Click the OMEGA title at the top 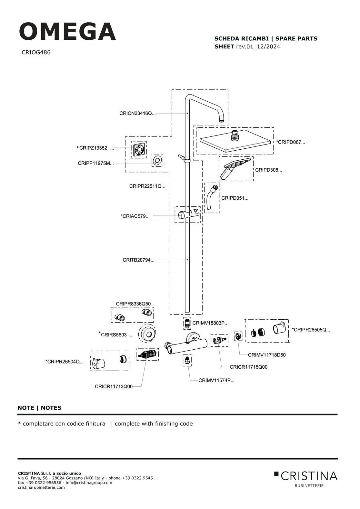pyautogui.click(x=67, y=32)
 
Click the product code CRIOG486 pyautogui.click(x=36, y=52)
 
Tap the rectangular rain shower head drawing pyautogui.click(x=235, y=141)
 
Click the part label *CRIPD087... pyautogui.click(x=290, y=142)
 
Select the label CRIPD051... pyautogui.click(x=235, y=198)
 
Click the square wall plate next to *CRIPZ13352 pyautogui.click(x=139, y=150)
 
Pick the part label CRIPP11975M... pyautogui.click(x=95, y=163)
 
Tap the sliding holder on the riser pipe pyautogui.click(x=187, y=214)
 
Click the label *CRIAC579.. pyautogui.click(x=135, y=216)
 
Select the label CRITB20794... pyautogui.click(x=138, y=260)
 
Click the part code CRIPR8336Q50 pyautogui.click(x=133, y=304)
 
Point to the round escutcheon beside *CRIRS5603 pyautogui.click(x=147, y=334)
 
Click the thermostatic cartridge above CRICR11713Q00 pyautogui.click(x=147, y=354)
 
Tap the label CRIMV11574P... pyautogui.click(x=216, y=380)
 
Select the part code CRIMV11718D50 pyautogui.click(x=267, y=355)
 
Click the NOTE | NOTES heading pyautogui.click(x=39, y=408)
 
